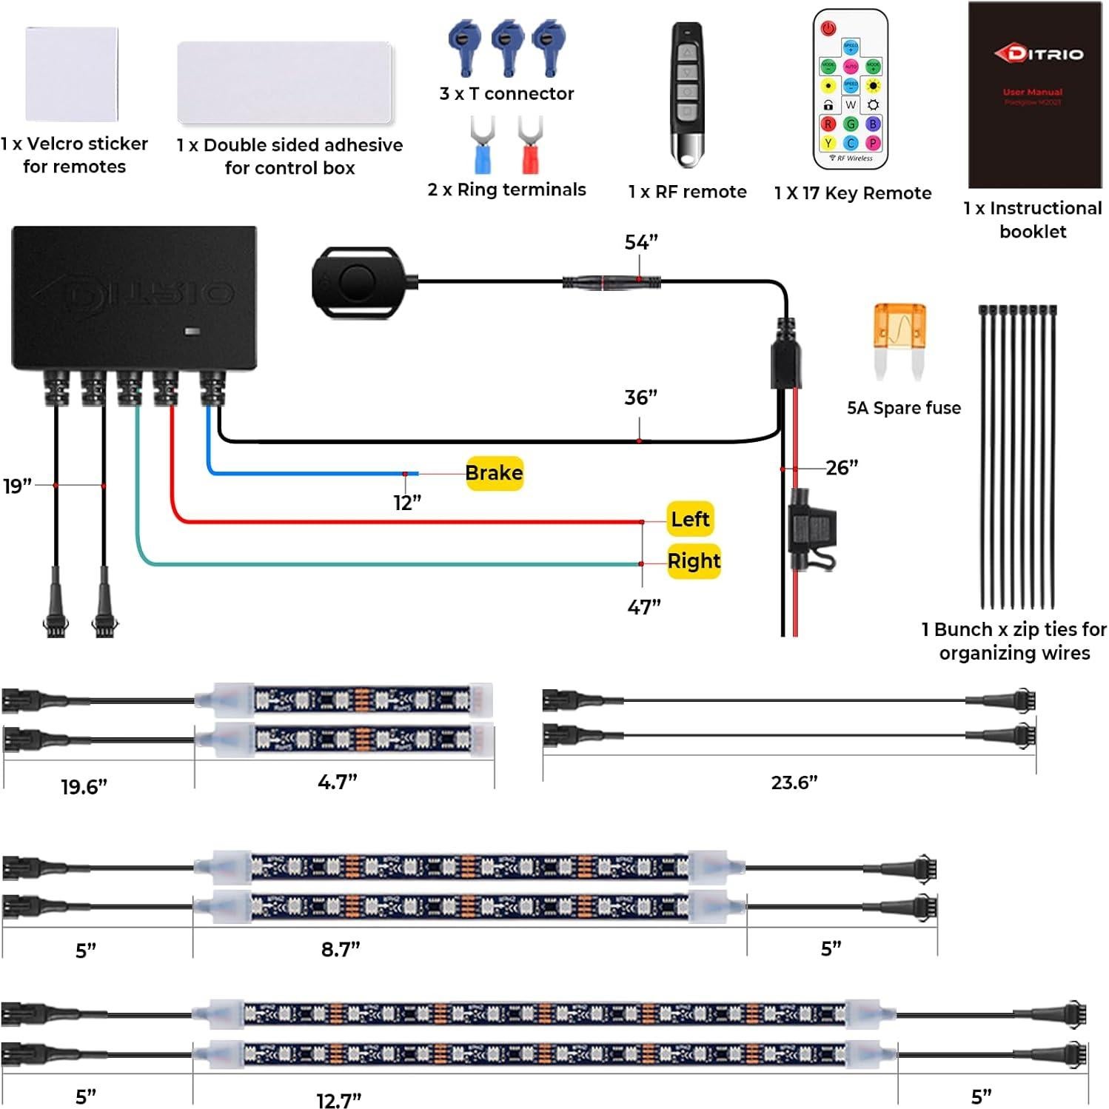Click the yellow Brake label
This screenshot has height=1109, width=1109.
[494, 473]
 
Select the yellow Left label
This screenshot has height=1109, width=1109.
[690, 519]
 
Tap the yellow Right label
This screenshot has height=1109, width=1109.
[693, 561]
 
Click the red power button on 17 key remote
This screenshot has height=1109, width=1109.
[828, 29]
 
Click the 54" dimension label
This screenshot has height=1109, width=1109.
[641, 243]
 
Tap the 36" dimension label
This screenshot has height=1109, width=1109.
[640, 398]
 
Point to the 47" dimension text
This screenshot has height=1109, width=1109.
[643, 607]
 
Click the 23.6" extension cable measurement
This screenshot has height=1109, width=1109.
[794, 783]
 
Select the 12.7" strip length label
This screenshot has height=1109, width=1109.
[338, 1100]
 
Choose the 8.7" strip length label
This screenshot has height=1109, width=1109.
[341, 949]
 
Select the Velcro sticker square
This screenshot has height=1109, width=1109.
[72, 74]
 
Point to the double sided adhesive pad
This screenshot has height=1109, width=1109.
[285, 83]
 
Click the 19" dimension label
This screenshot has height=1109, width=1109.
[17, 486]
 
